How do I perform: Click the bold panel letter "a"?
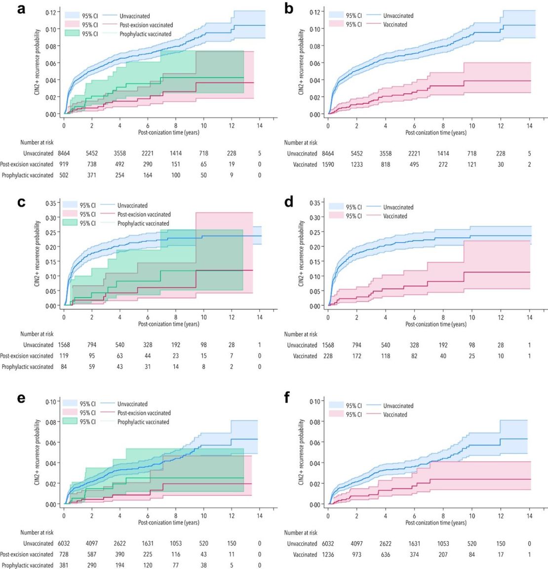pos(21,9)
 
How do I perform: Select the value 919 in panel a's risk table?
pos(64,164)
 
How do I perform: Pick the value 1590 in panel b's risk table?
pos(328,164)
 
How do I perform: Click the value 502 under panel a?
pos(64,175)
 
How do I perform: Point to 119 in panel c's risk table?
pos(64,356)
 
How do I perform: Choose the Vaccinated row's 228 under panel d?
pos(328,356)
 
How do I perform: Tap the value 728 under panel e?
pos(64,554)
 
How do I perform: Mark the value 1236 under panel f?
pos(328,554)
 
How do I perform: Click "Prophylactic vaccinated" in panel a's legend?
pos(145,34)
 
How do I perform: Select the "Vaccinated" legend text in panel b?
pos(395,25)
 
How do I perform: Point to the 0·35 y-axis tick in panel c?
pos(51,203)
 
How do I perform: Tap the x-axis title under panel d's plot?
pos(435,325)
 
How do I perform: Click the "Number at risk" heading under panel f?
pos(301,532)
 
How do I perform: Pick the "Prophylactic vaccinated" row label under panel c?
pos(28,366)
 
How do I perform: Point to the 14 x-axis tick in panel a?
pos(260,125)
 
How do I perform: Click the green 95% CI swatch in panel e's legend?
pos(71,422)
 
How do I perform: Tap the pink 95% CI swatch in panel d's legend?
pos(336,216)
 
